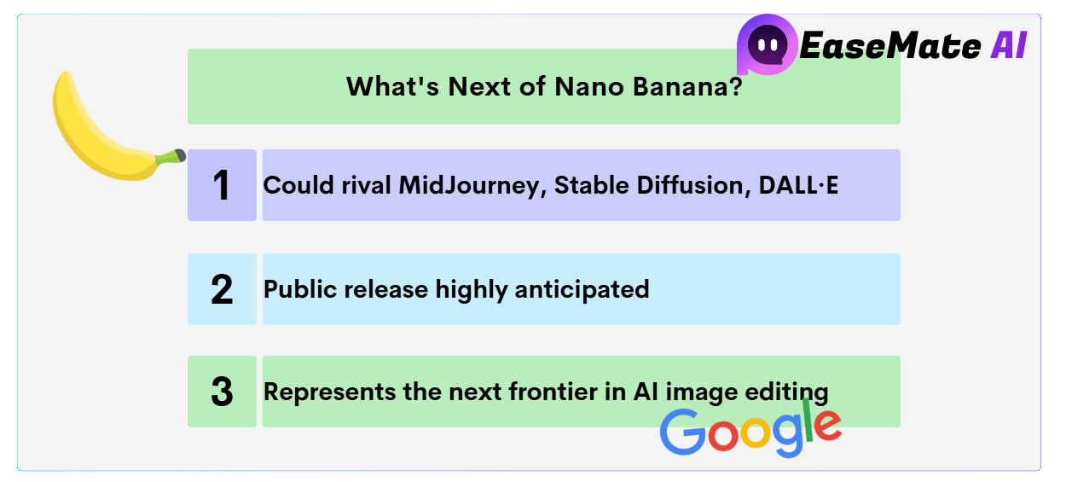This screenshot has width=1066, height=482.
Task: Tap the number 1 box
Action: point(222,185)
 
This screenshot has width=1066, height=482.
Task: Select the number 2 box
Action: point(222,289)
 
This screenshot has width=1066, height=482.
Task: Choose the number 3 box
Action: point(222,392)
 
